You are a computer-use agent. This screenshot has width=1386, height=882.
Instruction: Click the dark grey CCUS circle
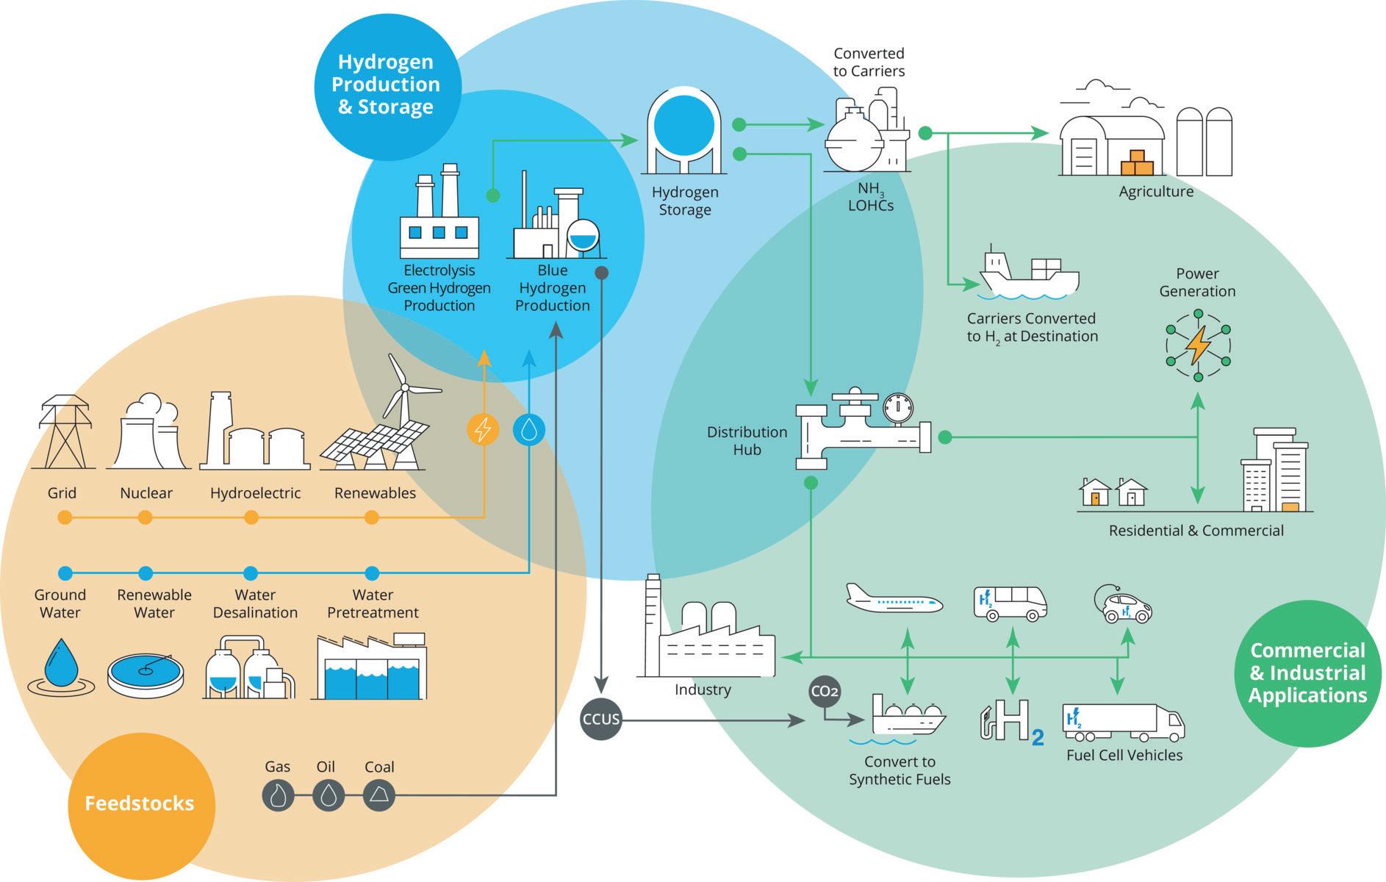point(601,719)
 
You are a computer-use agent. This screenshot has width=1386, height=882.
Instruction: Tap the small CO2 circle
point(825,691)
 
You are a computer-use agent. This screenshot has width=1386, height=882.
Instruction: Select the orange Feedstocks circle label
point(140,803)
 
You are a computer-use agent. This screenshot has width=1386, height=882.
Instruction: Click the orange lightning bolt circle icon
point(483,429)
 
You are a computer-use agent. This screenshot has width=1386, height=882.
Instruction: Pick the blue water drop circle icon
point(529,429)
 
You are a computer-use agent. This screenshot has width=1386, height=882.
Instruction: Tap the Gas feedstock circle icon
point(279,795)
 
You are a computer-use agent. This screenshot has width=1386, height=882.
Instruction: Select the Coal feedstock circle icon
point(379,795)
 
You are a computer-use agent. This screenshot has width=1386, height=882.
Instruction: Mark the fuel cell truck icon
point(1123,723)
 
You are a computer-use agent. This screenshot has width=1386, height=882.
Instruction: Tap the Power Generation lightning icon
point(1198,345)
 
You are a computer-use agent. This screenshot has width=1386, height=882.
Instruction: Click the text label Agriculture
point(1156,192)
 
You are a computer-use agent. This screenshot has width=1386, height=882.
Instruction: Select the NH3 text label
point(870,189)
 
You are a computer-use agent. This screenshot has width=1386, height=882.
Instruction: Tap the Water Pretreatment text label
point(373,603)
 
